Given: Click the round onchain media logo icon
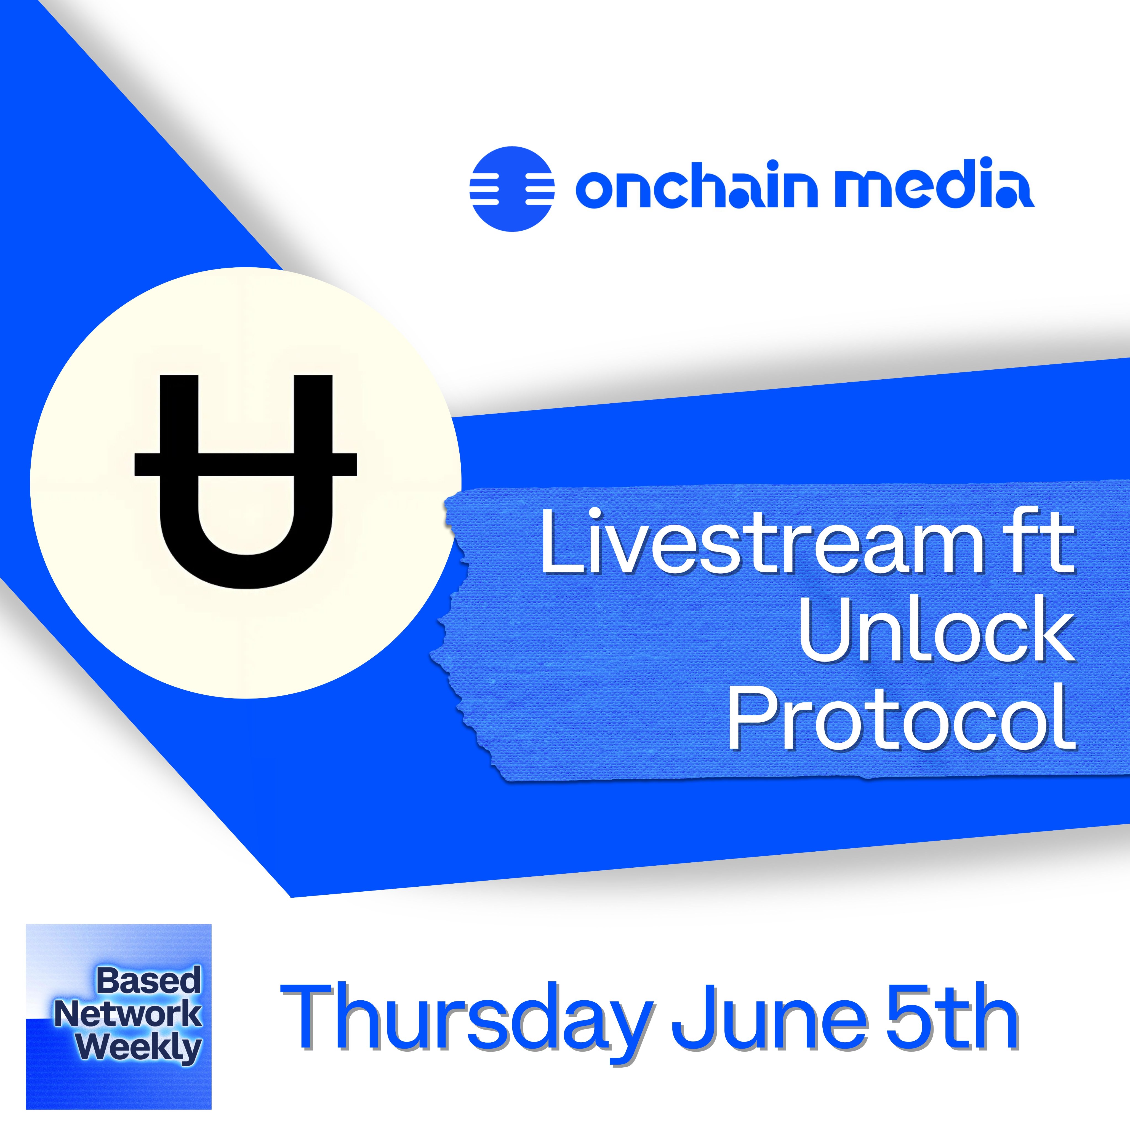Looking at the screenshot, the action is click(512, 188).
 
